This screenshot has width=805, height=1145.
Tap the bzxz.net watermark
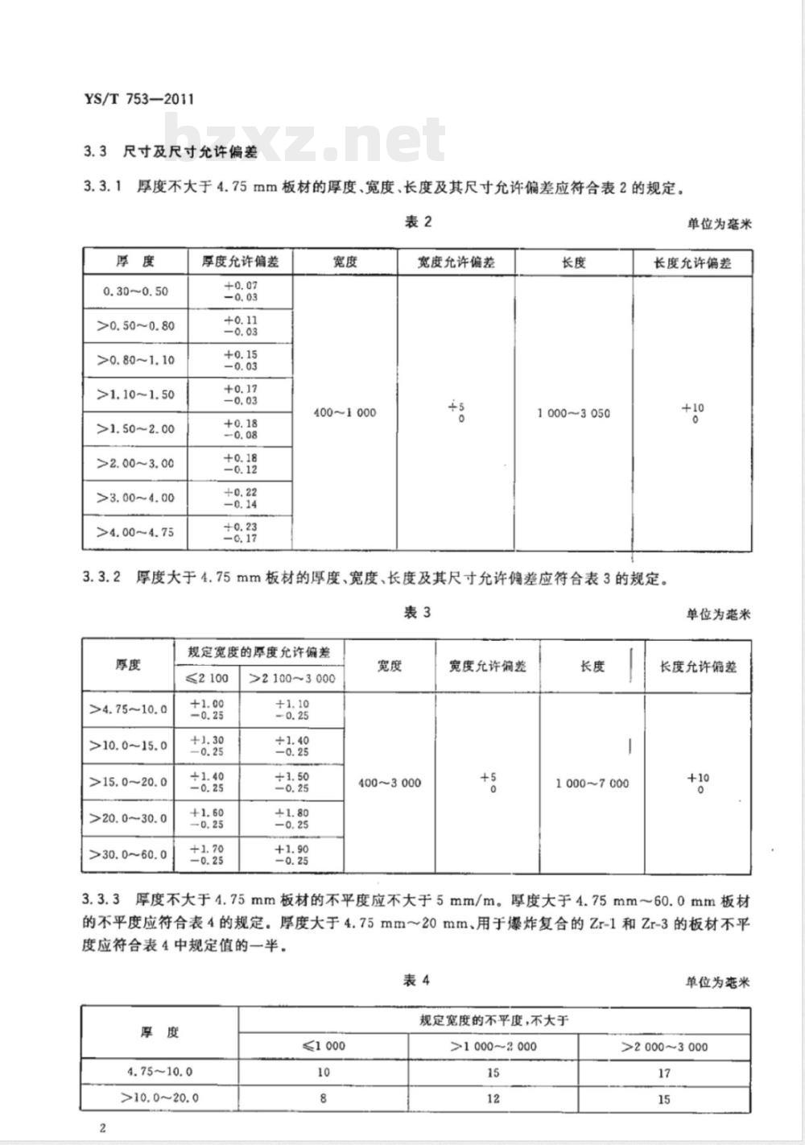(306, 138)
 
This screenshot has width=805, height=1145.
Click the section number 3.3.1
(101, 188)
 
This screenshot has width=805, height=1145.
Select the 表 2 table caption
(418, 222)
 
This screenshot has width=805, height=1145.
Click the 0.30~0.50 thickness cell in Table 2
(135, 291)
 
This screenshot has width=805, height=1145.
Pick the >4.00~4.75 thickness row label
(135, 532)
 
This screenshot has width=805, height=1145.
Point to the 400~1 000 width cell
(345, 412)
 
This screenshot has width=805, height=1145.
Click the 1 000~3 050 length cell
(574, 413)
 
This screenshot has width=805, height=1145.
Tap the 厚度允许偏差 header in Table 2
(240, 262)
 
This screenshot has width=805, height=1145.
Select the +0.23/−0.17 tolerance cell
(240, 532)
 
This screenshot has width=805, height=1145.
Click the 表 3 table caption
(417, 613)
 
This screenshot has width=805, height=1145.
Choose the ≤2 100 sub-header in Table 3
(207, 678)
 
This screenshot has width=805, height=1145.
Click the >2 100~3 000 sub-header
(291, 678)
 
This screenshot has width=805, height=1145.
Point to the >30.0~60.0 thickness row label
(129, 854)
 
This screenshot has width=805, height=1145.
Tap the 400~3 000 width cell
(390, 783)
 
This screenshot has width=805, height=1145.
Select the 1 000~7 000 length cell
(592, 783)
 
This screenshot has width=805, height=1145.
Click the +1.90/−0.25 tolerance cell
(291, 854)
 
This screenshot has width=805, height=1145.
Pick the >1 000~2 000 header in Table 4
(493, 1046)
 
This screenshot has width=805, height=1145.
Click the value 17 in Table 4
(664, 1073)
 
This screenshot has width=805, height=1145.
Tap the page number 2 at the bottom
(102, 1127)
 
